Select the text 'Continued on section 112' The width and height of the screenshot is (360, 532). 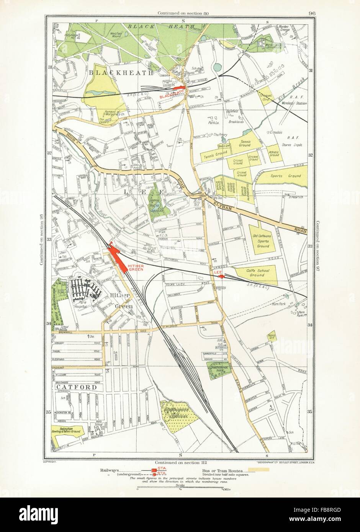(180, 463)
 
